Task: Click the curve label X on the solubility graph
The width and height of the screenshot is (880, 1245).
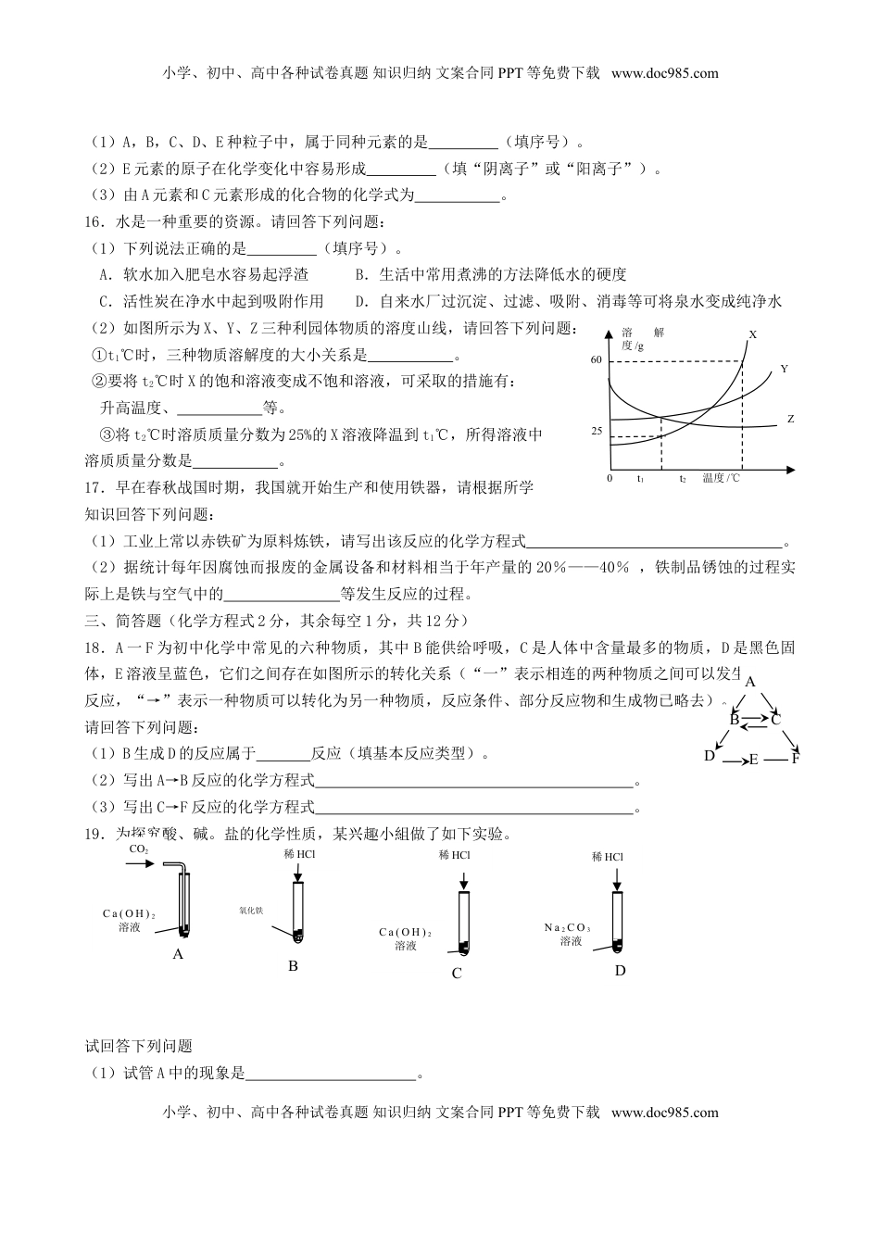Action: (752, 334)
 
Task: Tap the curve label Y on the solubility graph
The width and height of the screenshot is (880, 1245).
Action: (784, 369)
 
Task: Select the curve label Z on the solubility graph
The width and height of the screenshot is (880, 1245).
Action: (791, 419)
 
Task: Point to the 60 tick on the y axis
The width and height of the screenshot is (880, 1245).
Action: (596, 359)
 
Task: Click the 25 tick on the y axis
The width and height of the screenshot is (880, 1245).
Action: (596, 432)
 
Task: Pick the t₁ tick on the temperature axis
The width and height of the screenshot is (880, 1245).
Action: (641, 479)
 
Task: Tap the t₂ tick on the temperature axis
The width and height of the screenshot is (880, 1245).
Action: (683, 479)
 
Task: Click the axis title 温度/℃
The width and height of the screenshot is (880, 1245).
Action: (722, 478)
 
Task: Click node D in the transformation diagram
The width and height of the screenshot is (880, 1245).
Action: (710, 755)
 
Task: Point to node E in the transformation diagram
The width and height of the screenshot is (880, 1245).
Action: (753, 760)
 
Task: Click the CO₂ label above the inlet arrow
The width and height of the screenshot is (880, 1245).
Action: (139, 849)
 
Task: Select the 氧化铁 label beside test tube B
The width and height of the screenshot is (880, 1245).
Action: (251, 912)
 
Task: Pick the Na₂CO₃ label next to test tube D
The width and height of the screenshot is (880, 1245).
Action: (568, 927)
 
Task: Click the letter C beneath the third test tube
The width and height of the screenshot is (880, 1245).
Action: (457, 973)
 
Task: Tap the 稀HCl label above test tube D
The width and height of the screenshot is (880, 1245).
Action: (608, 857)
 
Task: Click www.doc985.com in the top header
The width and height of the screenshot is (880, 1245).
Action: (664, 73)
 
